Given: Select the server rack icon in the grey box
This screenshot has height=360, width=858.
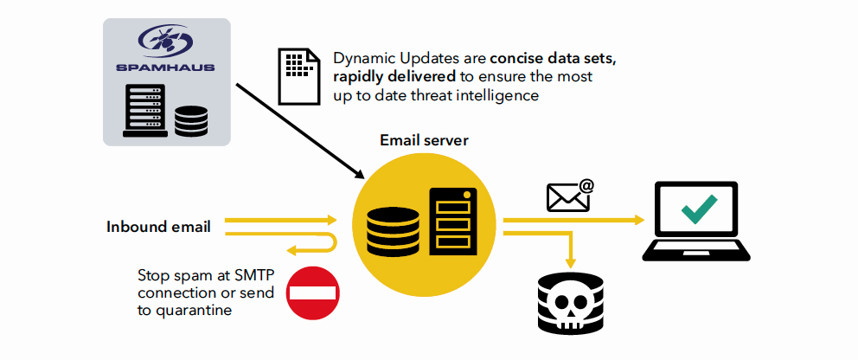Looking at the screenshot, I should point(144,111).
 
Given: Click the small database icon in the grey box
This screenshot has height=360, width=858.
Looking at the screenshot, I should point(190,120).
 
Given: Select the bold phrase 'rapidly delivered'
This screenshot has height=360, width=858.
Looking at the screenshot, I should point(387,78).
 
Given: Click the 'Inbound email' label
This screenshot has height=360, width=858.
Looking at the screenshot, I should point(158,228).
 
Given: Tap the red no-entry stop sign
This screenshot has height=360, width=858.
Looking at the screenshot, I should point(312,292).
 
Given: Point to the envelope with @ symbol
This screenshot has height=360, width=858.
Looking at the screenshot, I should point(569,196).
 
